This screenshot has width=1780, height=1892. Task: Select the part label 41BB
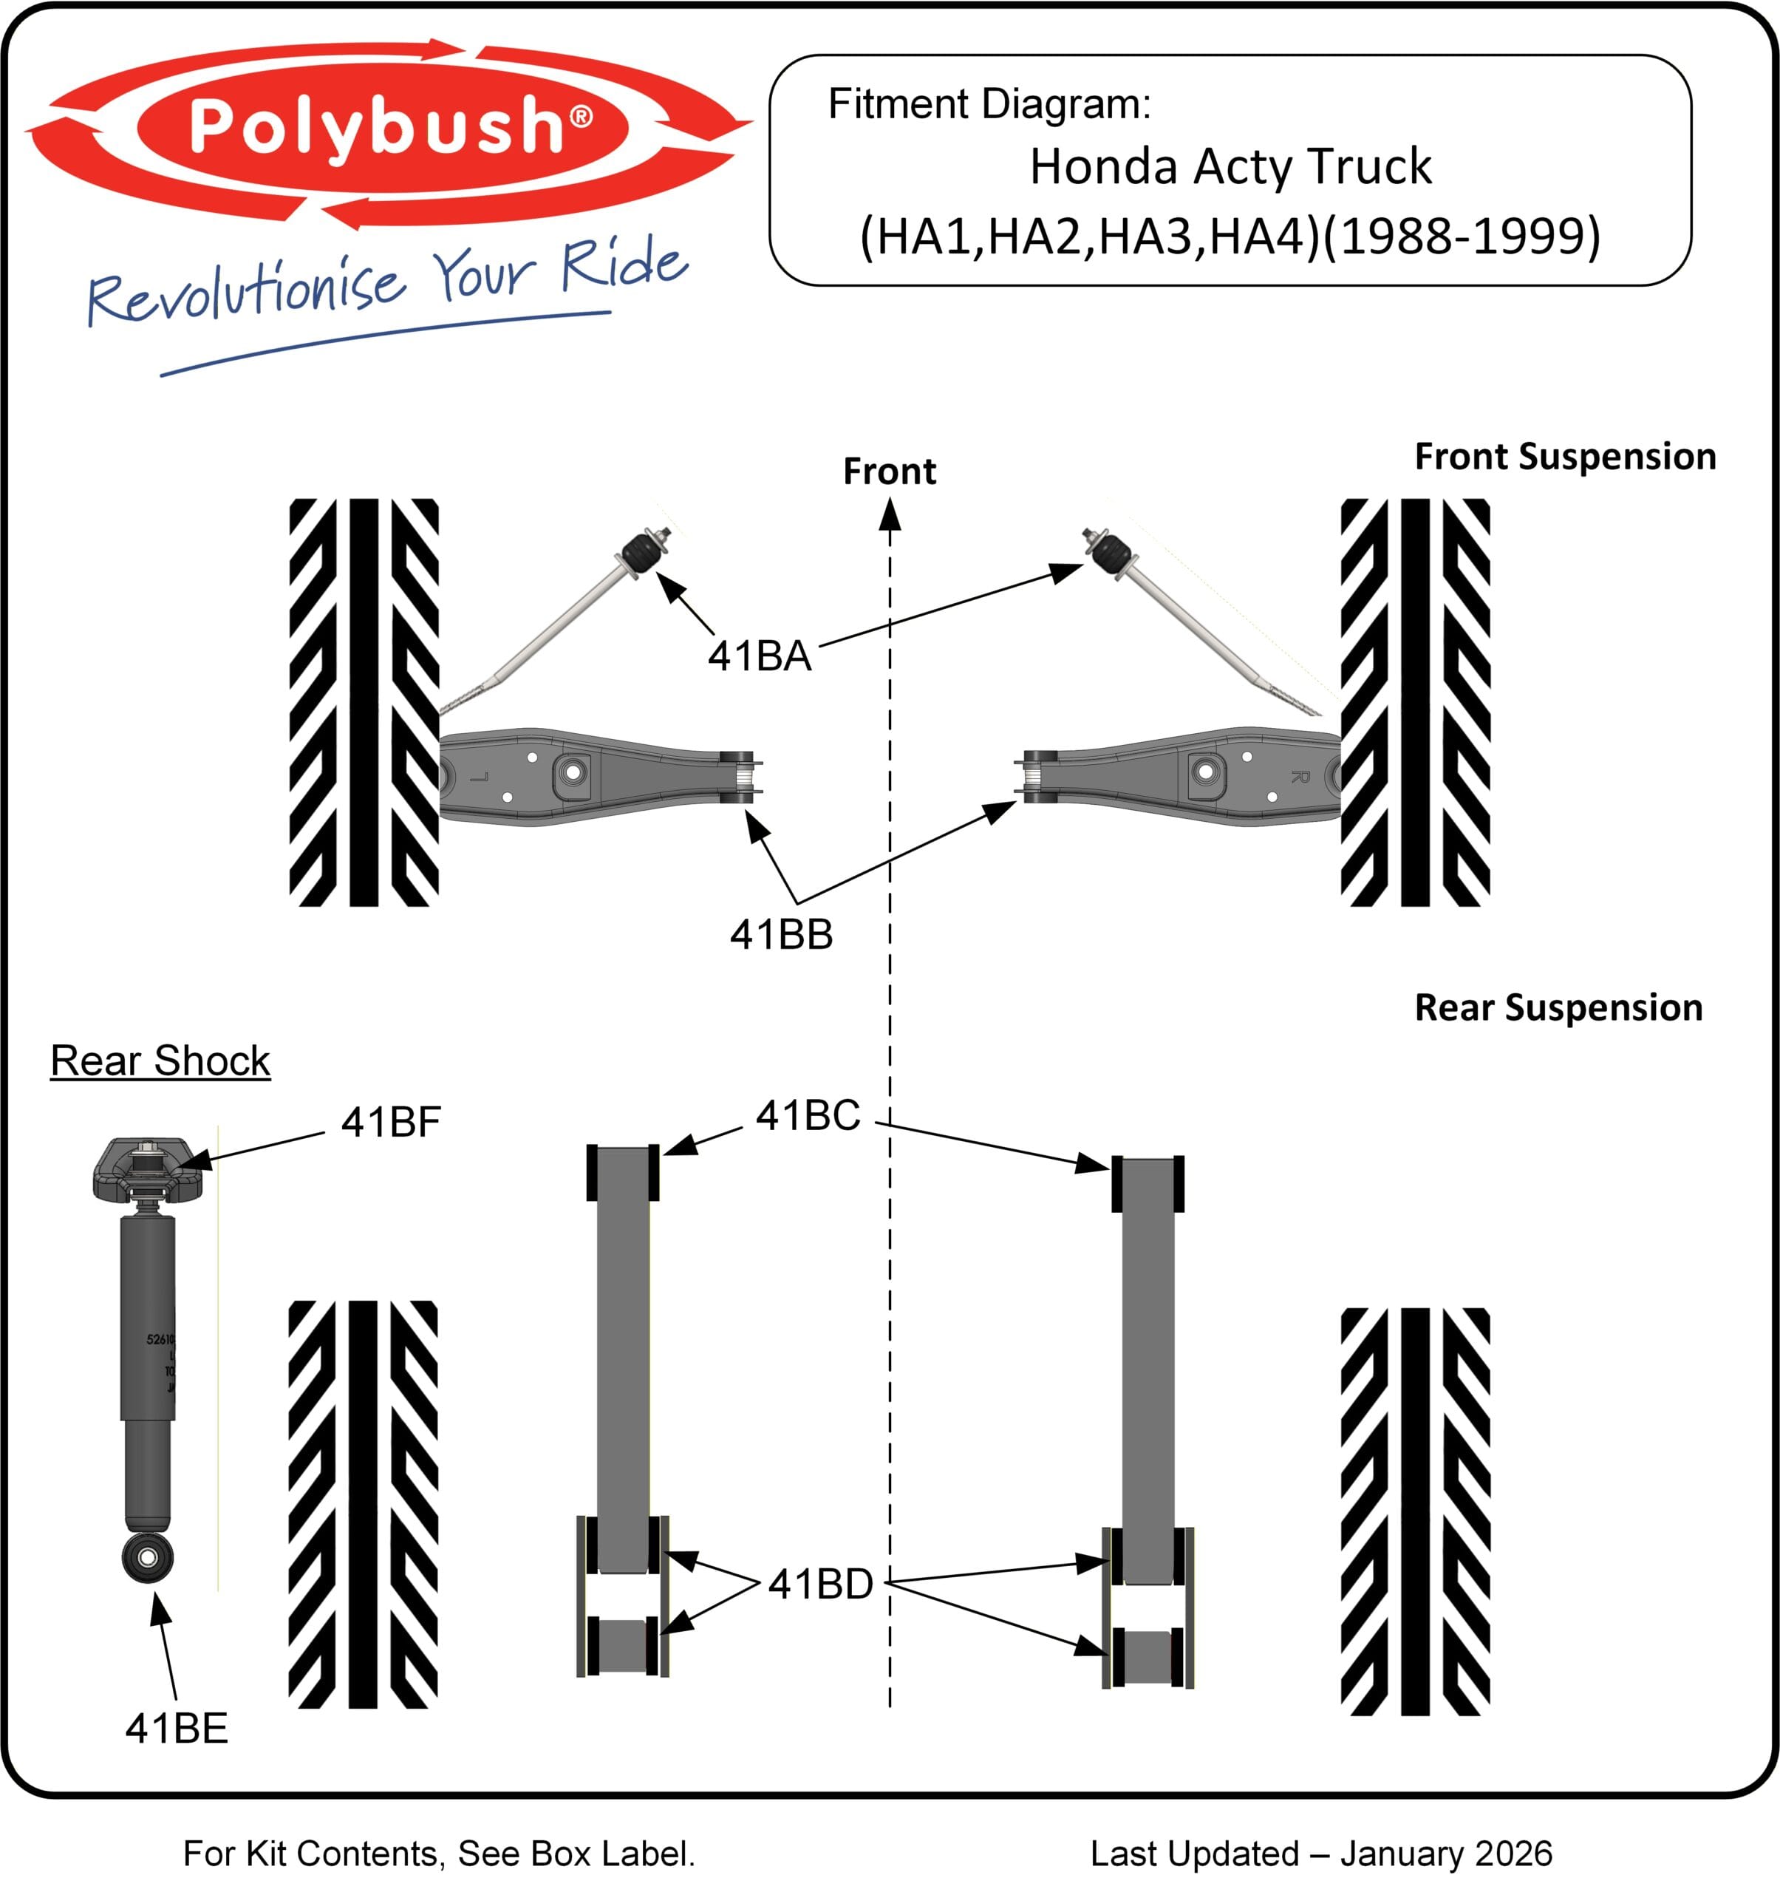click(x=781, y=935)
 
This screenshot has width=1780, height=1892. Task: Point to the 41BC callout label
click(x=808, y=1115)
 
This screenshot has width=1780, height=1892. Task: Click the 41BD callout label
click(x=820, y=1585)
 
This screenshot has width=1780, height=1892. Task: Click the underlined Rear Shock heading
click(x=160, y=1061)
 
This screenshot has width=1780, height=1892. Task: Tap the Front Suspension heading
click(x=1565, y=457)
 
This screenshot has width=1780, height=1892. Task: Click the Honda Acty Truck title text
click(x=1230, y=166)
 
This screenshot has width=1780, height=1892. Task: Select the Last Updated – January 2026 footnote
click(x=1320, y=1854)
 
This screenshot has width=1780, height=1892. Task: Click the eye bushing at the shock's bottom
click(x=149, y=1557)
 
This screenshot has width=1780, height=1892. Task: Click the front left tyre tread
click(x=364, y=701)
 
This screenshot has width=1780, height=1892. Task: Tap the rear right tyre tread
click(x=1415, y=1511)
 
